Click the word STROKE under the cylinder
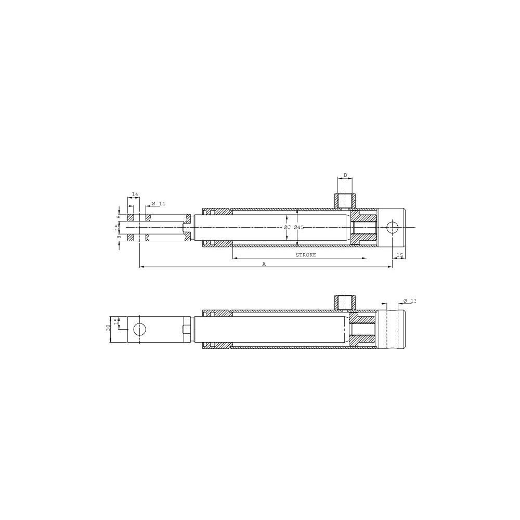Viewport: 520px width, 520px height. click(306, 255)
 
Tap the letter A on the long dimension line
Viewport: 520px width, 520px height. click(264, 264)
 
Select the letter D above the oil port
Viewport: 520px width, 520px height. click(345, 175)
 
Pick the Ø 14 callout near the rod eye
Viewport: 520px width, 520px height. click(159, 203)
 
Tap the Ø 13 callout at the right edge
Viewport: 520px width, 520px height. click(410, 301)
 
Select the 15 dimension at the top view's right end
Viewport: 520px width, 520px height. click(399, 255)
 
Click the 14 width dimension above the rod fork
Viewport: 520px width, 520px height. click(135, 194)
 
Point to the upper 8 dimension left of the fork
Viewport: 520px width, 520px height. click(119, 216)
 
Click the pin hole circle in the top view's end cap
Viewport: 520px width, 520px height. click(393, 227)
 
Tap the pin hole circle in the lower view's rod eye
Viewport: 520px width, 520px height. click(139, 329)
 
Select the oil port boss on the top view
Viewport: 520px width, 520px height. click(345, 199)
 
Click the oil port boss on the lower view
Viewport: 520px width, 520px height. click(345, 301)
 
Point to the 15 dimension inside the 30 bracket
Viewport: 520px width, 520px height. click(117, 322)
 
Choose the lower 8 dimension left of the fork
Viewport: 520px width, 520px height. click(119, 237)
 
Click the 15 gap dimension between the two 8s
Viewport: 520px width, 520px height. click(117, 227)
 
